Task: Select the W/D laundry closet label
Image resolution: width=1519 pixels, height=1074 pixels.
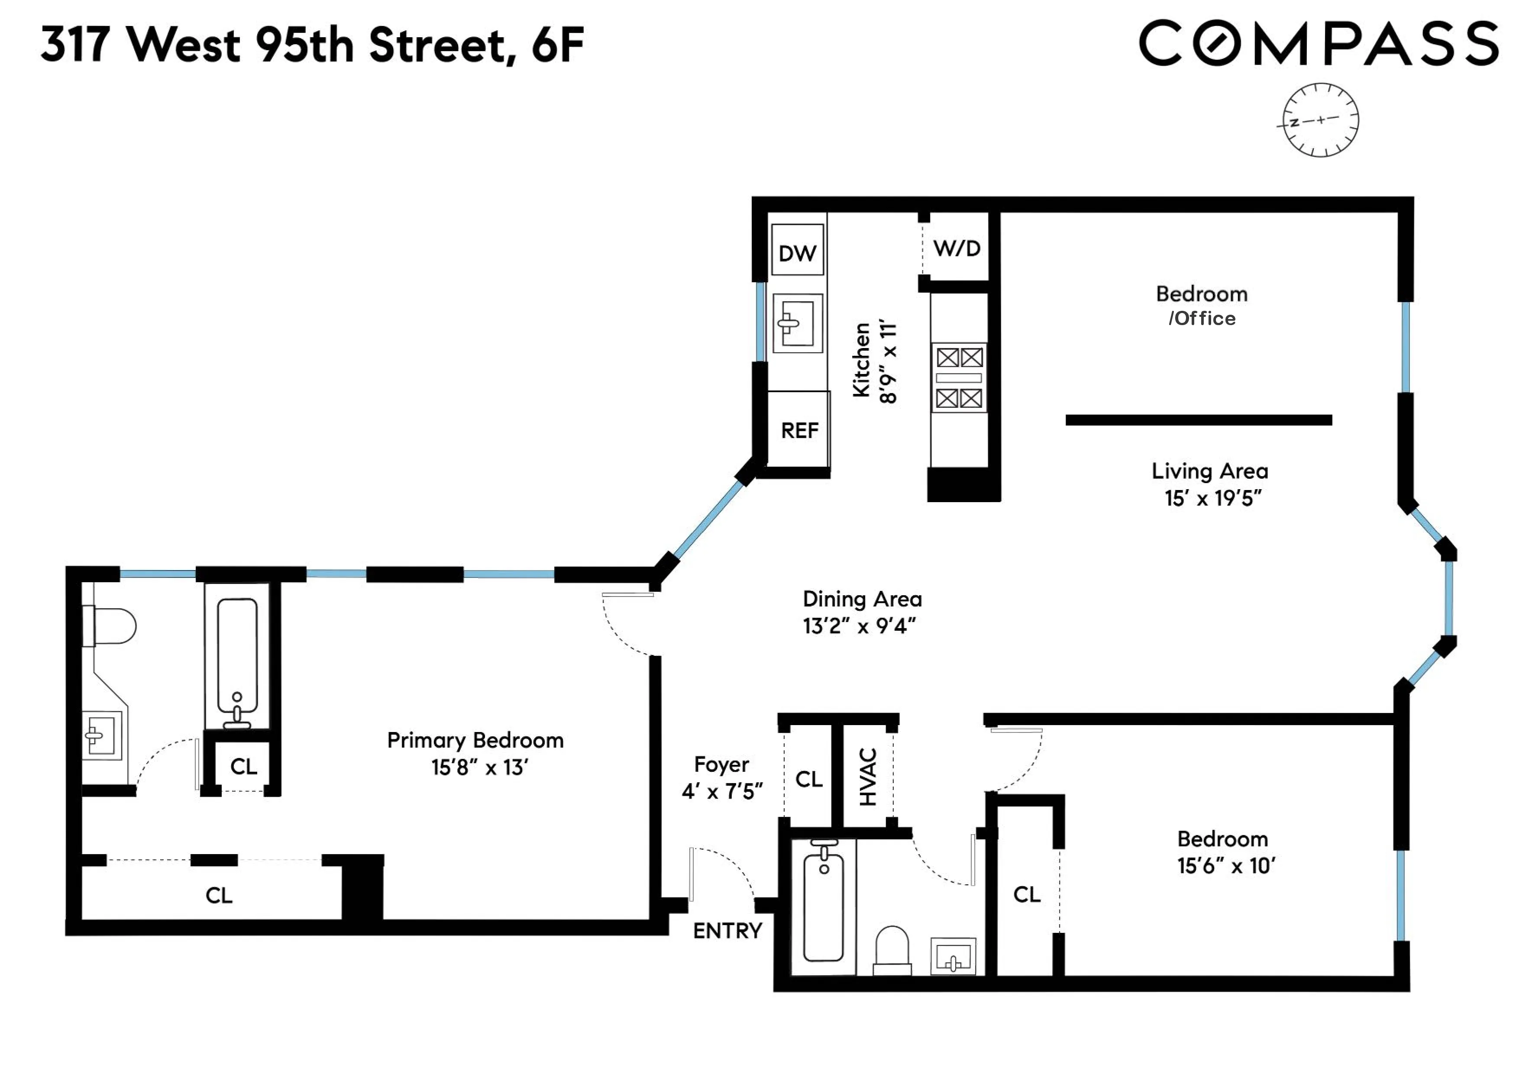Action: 957,248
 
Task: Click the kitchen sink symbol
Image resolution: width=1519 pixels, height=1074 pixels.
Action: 797,323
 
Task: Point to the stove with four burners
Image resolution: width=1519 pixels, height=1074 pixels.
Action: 959,377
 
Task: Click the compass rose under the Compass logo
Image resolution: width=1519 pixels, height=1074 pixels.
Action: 1321,120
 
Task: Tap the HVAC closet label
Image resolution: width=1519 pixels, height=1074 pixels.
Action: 867,777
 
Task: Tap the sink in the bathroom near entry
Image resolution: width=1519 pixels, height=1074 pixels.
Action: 953,956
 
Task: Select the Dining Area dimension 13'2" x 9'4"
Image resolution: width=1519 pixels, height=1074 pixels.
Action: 860,626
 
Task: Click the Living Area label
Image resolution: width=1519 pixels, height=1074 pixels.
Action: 1209,471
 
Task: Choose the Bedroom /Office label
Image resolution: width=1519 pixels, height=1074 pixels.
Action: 1202,306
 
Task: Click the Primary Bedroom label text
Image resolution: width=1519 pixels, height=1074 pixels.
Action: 475,740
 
